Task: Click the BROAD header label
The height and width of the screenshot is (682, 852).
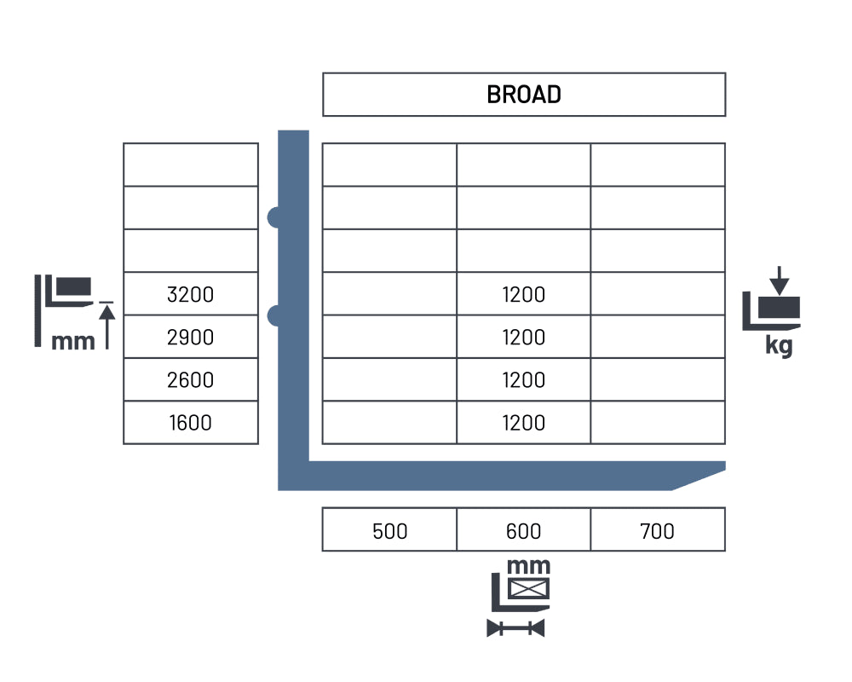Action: point(524,95)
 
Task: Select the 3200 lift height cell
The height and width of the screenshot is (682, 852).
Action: point(191,294)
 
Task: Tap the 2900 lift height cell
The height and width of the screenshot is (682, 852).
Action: point(191,338)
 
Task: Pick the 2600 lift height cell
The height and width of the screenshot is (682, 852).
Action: point(191,379)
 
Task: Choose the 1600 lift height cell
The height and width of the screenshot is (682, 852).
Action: point(191,423)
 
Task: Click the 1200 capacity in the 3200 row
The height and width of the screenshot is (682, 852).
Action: point(524,294)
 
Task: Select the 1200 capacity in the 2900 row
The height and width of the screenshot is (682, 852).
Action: point(524,338)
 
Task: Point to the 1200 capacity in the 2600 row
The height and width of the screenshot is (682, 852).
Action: point(524,379)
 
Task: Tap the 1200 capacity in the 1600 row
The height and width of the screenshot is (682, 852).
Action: point(524,423)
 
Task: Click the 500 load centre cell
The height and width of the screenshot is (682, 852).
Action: point(389,529)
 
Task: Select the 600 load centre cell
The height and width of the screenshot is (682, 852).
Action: point(524,529)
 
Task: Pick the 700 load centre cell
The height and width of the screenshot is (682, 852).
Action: point(658,529)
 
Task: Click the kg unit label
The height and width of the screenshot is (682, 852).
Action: point(780,346)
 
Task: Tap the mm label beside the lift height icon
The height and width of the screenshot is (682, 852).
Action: point(72,342)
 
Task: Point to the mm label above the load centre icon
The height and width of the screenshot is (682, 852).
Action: point(528,567)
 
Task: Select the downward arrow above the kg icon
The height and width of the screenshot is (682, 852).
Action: point(780,280)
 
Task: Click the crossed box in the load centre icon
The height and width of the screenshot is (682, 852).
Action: point(529,588)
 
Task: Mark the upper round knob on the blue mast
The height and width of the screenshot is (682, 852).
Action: point(273,217)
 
